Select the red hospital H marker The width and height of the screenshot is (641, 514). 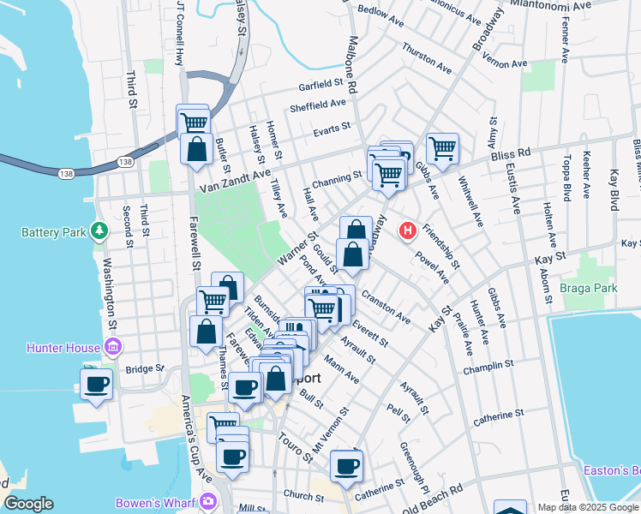[408, 230]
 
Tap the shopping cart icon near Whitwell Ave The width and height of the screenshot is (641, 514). [442, 148]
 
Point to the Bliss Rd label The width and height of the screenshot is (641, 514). [511, 153]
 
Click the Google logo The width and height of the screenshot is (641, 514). [28, 504]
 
